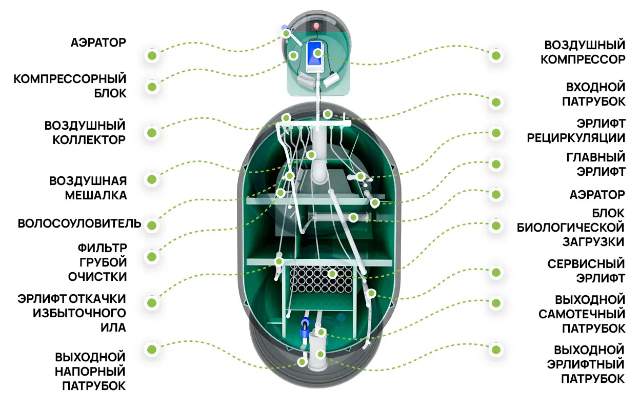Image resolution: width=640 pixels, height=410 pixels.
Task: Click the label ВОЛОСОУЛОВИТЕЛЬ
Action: (x=79, y=223)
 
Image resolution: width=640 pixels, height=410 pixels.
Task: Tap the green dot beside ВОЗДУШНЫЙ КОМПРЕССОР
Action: (x=496, y=56)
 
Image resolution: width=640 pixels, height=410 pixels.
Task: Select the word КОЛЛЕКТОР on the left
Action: (x=89, y=140)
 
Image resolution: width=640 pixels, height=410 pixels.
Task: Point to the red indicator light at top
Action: (x=316, y=26)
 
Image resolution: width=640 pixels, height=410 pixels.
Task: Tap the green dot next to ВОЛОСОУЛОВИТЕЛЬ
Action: (x=152, y=225)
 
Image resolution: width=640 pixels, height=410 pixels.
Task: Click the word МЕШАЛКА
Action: (x=96, y=196)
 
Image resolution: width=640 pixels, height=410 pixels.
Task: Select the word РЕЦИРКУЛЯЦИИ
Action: (x=576, y=138)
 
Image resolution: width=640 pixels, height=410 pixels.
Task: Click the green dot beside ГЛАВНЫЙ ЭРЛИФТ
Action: (x=496, y=165)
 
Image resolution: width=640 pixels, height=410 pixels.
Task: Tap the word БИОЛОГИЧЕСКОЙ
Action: (x=571, y=228)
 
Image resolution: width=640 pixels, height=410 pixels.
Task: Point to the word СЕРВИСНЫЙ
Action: (x=586, y=264)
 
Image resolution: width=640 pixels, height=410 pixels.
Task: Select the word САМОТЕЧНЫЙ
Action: (x=582, y=314)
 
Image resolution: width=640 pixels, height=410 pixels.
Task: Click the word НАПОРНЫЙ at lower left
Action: (x=90, y=372)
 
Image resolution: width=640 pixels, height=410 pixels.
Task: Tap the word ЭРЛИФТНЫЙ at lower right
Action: (x=586, y=364)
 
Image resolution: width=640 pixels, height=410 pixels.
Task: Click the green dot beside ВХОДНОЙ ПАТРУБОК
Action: (x=496, y=102)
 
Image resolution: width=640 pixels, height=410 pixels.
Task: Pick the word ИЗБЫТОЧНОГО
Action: (x=79, y=314)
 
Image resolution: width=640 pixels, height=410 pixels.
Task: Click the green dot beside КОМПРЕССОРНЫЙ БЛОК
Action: (x=152, y=87)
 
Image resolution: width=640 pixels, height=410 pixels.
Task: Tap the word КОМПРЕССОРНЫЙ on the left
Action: (x=70, y=79)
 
